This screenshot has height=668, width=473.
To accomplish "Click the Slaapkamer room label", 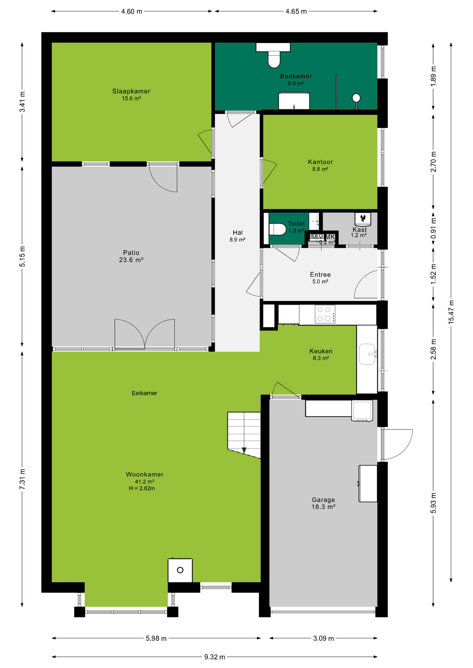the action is pos(131,91).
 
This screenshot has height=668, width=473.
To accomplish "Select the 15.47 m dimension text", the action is pos(451,312).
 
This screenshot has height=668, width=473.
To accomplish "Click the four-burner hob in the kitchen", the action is pos(325,314).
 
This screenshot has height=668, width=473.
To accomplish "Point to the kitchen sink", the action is pos(367,354).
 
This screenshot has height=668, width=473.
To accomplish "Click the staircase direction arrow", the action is pos(244,450).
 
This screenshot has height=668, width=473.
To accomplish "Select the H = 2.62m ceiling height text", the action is pos(142,488).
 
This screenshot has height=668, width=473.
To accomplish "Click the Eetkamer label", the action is pos(144,393).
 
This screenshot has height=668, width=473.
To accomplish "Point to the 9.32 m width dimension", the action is pos(215,657).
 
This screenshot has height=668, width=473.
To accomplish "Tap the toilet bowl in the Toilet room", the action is pos(278,229).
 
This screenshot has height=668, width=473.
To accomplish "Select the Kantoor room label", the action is pos(320,162).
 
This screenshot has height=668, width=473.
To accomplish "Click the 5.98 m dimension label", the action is pos(156,638).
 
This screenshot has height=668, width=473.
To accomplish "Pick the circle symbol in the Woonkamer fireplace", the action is pos(180,570).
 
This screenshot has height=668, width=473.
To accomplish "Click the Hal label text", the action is pos(238,232).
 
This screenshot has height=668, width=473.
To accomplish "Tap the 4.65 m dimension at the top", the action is pos(296,11).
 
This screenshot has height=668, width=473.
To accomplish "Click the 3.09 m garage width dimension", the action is pos(323,638).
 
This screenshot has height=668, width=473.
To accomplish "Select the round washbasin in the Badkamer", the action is pos(356,98).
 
